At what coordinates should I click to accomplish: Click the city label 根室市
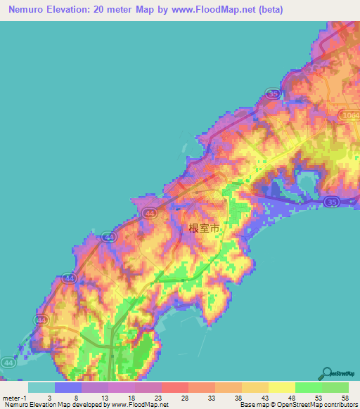tap(205, 228)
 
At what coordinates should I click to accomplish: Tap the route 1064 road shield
tap(347, 115)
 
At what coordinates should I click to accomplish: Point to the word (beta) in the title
tap(270, 8)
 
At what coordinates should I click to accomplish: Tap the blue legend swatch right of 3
tap(67, 387)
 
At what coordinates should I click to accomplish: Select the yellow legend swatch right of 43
tap(281, 387)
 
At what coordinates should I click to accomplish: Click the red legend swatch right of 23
tap(174, 387)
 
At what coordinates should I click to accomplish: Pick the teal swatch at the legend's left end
tap(41, 387)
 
